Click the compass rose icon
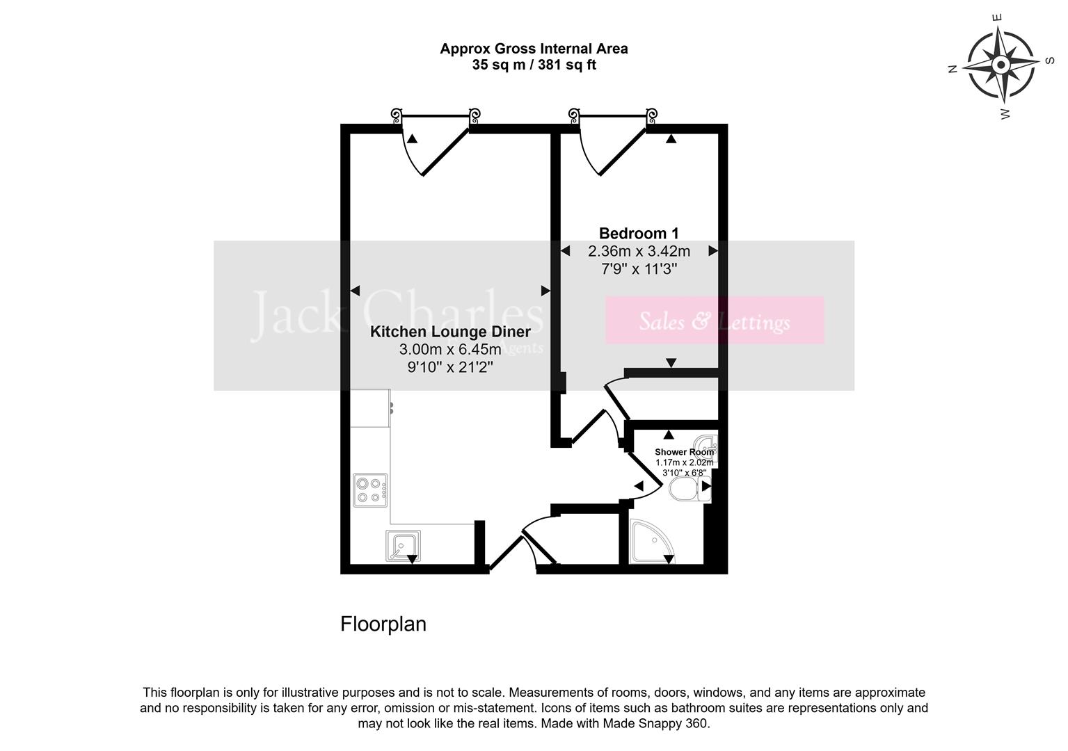(x=1001, y=65)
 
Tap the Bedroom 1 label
(x=638, y=234)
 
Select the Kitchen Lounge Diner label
(x=449, y=332)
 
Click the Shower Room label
(x=683, y=452)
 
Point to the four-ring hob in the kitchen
(x=370, y=490)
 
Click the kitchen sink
(x=402, y=545)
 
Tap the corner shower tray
(x=651, y=543)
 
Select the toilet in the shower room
(x=687, y=491)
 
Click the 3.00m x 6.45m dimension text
(x=449, y=349)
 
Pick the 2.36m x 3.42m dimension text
(x=639, y=251)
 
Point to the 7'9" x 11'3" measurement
(x=639, y=268)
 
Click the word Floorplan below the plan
(x=383, y=624)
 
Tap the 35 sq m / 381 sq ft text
(x=534, y=65)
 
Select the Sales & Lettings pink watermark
(x=715, y=321)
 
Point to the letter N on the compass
(x=953, y=68)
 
